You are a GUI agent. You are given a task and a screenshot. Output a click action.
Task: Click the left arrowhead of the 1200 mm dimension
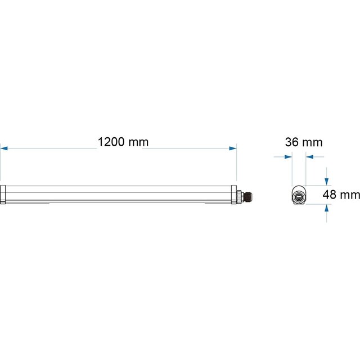tap(3, 148)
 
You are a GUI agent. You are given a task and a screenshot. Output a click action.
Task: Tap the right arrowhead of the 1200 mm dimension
tap(233, 148)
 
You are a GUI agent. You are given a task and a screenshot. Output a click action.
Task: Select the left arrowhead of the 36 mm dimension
tap(289, 157)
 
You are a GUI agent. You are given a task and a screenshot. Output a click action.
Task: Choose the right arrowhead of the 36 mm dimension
tap(309, 157)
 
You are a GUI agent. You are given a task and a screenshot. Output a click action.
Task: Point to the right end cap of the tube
tap(233, 195)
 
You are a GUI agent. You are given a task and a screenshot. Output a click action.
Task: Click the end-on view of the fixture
tap(299, 196)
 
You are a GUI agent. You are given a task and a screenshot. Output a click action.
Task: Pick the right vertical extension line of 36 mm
tap(305, 169)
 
